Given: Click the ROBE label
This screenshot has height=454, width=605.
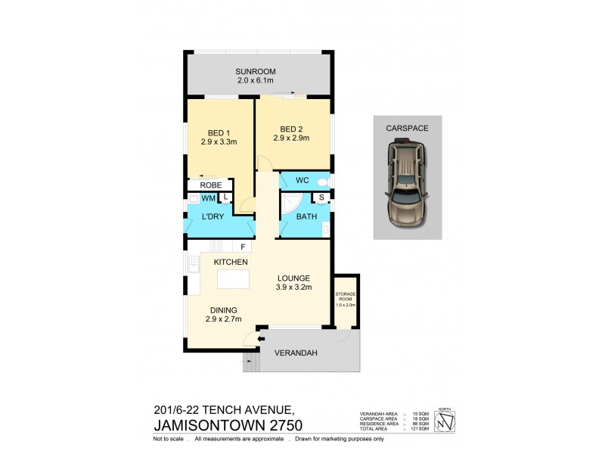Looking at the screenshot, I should point(209,185).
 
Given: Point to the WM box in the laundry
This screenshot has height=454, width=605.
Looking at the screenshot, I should point(208,198).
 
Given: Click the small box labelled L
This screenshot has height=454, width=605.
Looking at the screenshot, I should point(225,198).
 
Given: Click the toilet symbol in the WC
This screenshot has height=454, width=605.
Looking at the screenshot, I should point(323,182).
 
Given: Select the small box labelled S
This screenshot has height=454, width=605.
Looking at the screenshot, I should point(322,199).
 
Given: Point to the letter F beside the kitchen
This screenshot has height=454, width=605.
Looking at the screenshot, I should point(244,247).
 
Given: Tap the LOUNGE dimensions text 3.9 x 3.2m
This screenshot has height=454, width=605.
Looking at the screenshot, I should point(293,288).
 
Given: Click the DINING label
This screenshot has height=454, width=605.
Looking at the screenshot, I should point(223,309).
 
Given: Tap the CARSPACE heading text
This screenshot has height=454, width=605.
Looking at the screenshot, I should point(407,129).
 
